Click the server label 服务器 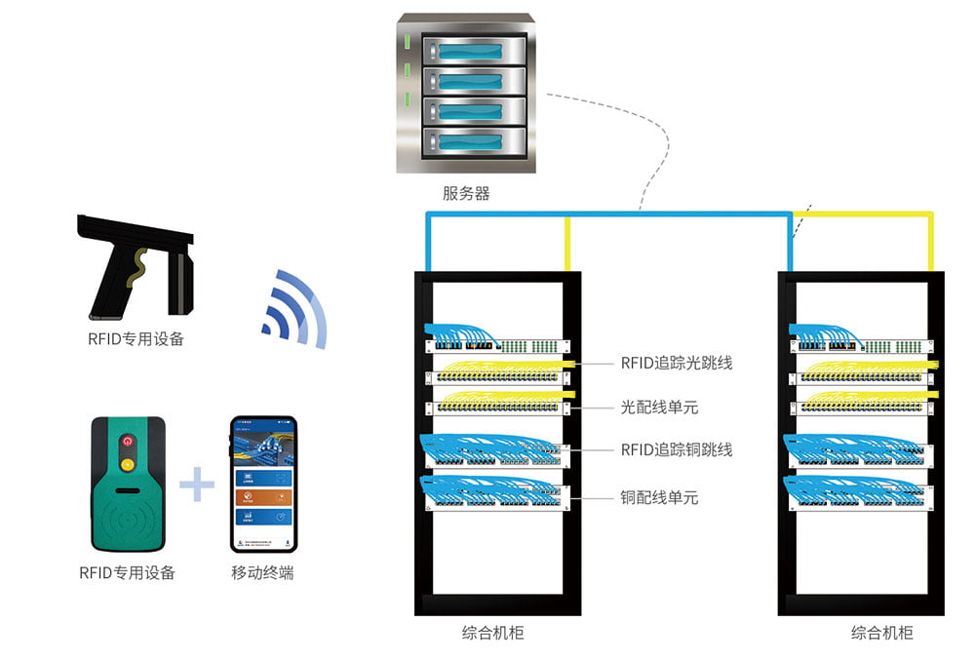[x=466, y=193]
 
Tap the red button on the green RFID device [x=126, y=441]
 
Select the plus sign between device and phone [x=197, y=484]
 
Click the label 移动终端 [x=262, y=573]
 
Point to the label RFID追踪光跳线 [x=677, y=363]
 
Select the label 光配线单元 [x=660, y=407]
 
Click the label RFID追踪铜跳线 [x=677, y=449]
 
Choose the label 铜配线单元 [x=660, y=498]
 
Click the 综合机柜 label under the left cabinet [x=492, y=633]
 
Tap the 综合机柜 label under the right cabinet [x=882, y=633]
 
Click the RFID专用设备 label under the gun [x=136, y=339]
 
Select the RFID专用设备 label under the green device [x=127, y=573]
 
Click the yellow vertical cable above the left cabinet [x=567, y=244]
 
